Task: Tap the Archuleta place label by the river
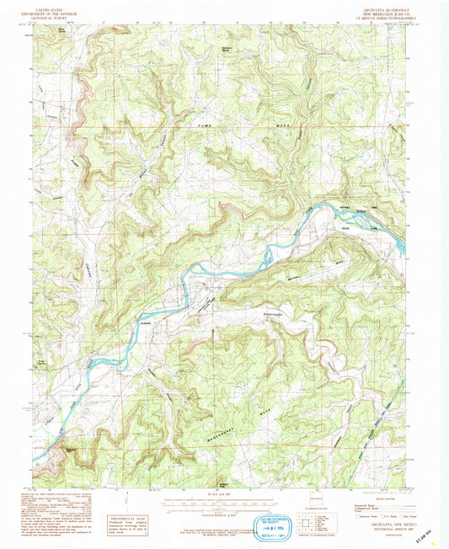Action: [144, 321]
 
